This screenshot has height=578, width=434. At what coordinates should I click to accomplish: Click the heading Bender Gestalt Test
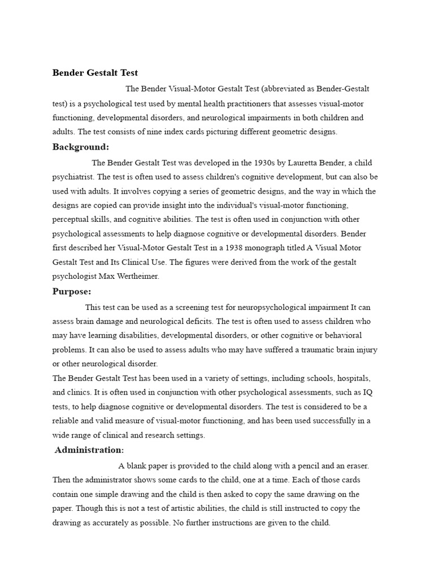[95, 73]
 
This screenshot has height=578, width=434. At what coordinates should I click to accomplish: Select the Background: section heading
[81, 147]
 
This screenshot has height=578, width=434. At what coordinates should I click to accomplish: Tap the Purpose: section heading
[72, 292]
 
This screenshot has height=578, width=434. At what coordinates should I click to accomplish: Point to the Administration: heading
[90, 450]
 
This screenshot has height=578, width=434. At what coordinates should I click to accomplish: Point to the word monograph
[268, 248]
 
